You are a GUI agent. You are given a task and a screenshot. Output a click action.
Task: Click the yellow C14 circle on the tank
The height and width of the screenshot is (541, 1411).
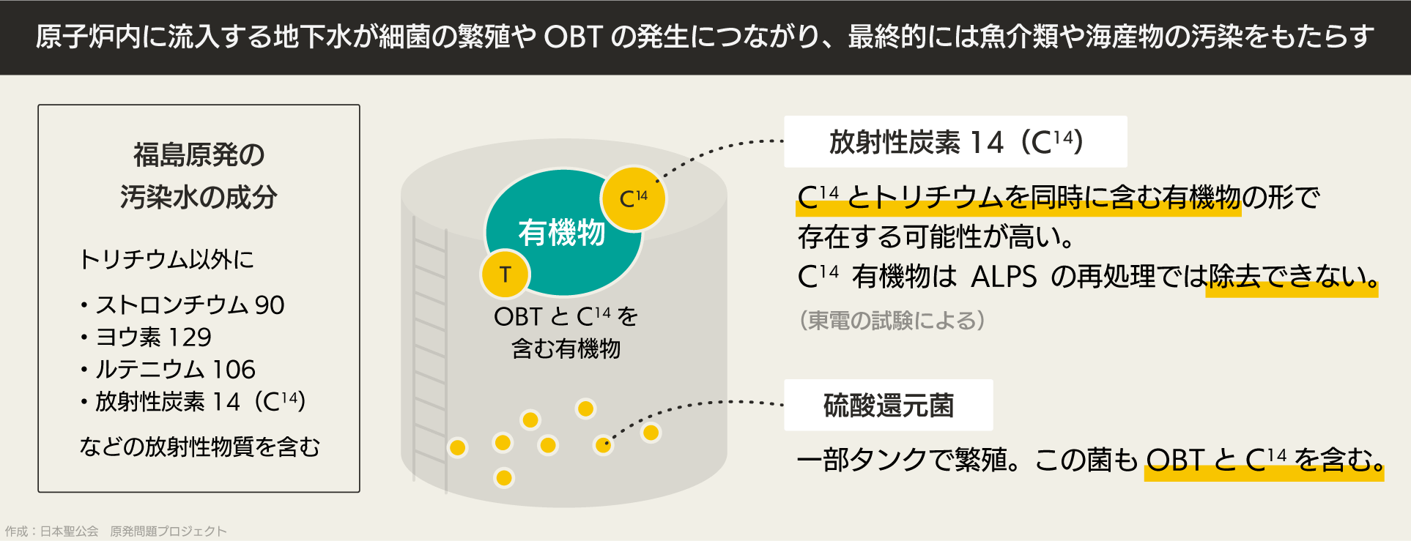[x=633, y=198]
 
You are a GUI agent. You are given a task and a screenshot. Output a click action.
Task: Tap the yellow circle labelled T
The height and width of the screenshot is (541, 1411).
[x=505, y=275]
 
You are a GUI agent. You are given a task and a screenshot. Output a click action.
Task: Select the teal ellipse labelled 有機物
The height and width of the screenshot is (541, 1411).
[x=563, y=233]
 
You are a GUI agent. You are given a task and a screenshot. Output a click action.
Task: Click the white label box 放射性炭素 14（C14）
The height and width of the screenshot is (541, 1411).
[x=955, y=141]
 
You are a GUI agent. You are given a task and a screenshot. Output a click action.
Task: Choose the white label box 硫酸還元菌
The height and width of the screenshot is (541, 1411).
[x=889, y=405]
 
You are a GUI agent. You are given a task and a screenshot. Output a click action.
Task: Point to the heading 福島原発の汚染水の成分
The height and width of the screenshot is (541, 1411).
[x=199, y=176]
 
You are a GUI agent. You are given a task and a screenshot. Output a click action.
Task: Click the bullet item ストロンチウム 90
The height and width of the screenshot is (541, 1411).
[x=182, y=305]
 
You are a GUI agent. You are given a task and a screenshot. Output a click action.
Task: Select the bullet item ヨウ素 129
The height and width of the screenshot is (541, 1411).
[x=146, y=337]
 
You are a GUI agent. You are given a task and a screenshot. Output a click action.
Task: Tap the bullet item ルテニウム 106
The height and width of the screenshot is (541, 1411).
[x=168, y=369]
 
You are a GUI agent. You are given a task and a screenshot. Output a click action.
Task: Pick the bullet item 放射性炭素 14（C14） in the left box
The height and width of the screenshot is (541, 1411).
[x=193, y=401]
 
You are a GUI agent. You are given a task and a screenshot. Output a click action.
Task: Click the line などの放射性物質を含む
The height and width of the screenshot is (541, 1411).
[x=199, y=447]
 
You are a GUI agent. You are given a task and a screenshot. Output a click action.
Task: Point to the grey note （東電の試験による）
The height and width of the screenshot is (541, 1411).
[x=892, y=320]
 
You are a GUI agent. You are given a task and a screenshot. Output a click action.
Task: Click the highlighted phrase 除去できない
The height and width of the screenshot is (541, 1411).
[x=1292, y=277]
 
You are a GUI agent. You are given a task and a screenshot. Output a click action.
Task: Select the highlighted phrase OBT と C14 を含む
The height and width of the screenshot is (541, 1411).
[x=1264, y=460]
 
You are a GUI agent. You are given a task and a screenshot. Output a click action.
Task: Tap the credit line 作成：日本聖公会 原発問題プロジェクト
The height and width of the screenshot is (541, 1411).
[x=116, y=531]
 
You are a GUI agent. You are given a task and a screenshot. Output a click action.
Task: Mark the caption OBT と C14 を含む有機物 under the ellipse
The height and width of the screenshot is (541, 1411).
[x=566, y=332]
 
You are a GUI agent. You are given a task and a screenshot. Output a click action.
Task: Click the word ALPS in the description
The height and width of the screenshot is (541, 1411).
[x=1004, y=277]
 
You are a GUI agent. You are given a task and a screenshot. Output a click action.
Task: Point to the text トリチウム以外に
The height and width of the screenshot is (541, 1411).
[x=166, y=259]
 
